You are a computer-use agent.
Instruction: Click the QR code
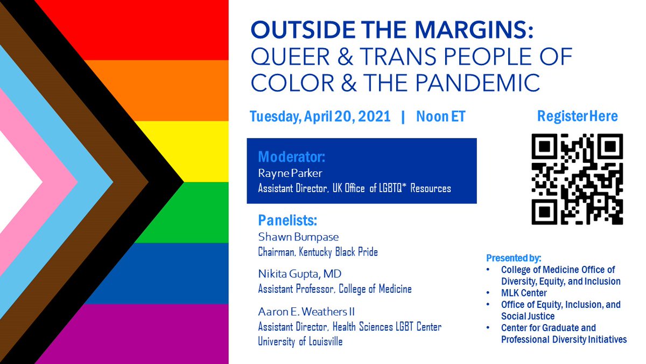[577, 179]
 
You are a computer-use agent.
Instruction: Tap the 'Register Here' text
[577, 116]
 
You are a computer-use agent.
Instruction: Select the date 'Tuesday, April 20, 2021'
[320, 116]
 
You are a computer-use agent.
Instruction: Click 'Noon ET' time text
[440, 116]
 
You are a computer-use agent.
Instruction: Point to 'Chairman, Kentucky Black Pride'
[318, 252]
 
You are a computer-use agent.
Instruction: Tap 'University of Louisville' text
[300, 342]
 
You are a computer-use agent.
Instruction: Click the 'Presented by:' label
[514, 258]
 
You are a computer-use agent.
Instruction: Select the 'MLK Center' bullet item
[523, 293]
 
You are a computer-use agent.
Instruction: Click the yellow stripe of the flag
[205, 151]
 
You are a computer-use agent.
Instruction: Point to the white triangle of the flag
[16, 182]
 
